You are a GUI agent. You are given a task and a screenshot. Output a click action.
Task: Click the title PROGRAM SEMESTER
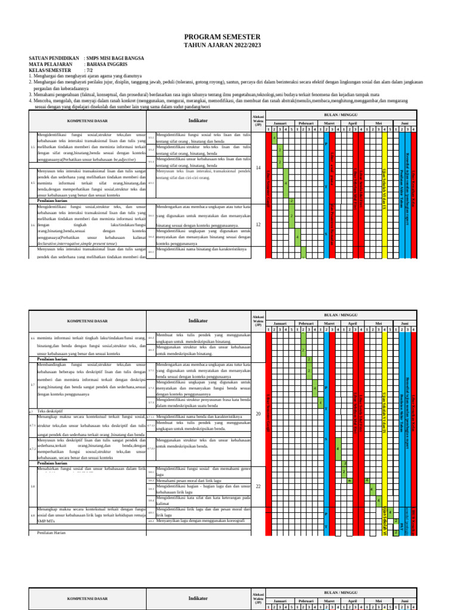(x=222, y=37)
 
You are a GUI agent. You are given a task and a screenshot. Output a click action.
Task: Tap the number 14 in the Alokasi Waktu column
(x=258, y=168)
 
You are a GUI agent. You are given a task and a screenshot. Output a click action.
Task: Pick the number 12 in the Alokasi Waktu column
(x=258, y=225)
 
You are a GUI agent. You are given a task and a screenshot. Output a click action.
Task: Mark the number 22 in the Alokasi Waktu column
(x=258, y=486)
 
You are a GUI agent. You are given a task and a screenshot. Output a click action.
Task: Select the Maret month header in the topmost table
(x=329, y=123)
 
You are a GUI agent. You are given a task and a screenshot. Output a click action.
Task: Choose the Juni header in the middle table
(x=404, y=323)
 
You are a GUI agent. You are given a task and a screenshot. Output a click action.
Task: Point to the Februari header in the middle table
(x=306, y=323)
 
